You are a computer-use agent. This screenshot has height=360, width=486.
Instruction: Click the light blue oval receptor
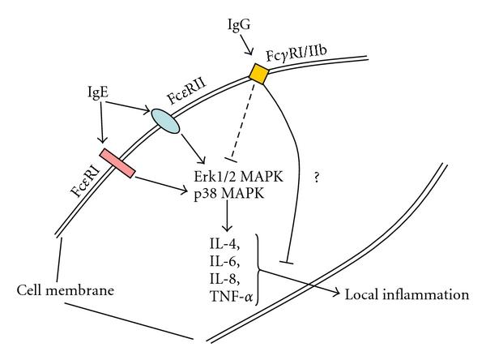click(167, 118)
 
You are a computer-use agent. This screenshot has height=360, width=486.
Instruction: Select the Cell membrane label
click(57, 289)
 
